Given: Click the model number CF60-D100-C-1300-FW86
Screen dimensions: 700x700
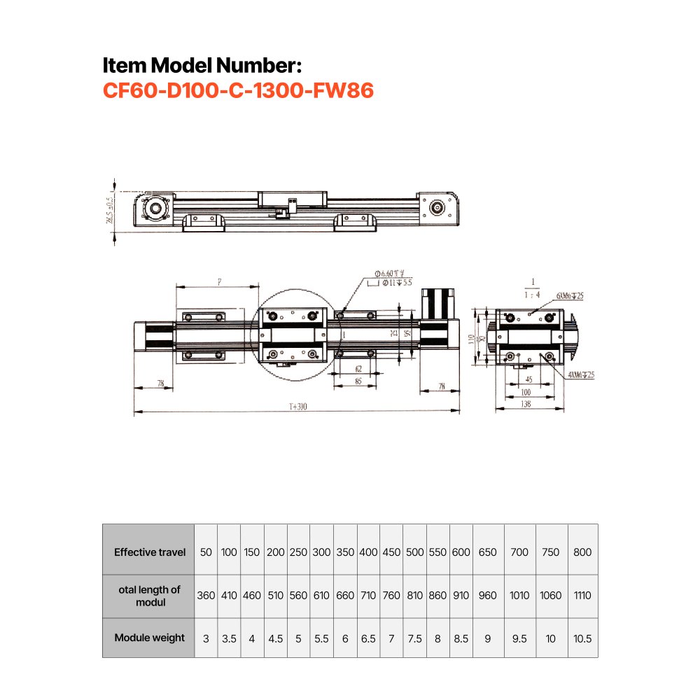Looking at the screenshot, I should (x=238, y=91).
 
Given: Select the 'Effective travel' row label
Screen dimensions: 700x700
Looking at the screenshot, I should (x=150, y=552).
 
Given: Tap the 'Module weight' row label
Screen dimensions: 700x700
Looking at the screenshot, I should (x=150, y=638).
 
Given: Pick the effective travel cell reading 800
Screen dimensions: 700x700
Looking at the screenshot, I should (x=582, y=552).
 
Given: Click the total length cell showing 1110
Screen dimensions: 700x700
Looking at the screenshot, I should (x=582, y=596).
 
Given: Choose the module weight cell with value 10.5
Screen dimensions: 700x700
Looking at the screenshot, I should (x=582, y=638).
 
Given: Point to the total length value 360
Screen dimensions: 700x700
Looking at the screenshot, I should (x=206, y=596).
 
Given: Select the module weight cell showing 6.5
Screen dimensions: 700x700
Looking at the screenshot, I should (x=368, y=638).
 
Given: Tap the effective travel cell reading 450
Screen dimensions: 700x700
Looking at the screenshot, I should (x=391, y=552).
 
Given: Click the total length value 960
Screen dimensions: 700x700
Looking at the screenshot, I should (x=488, y=596).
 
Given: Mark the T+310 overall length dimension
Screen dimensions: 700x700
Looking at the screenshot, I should (x=297, y=407).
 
